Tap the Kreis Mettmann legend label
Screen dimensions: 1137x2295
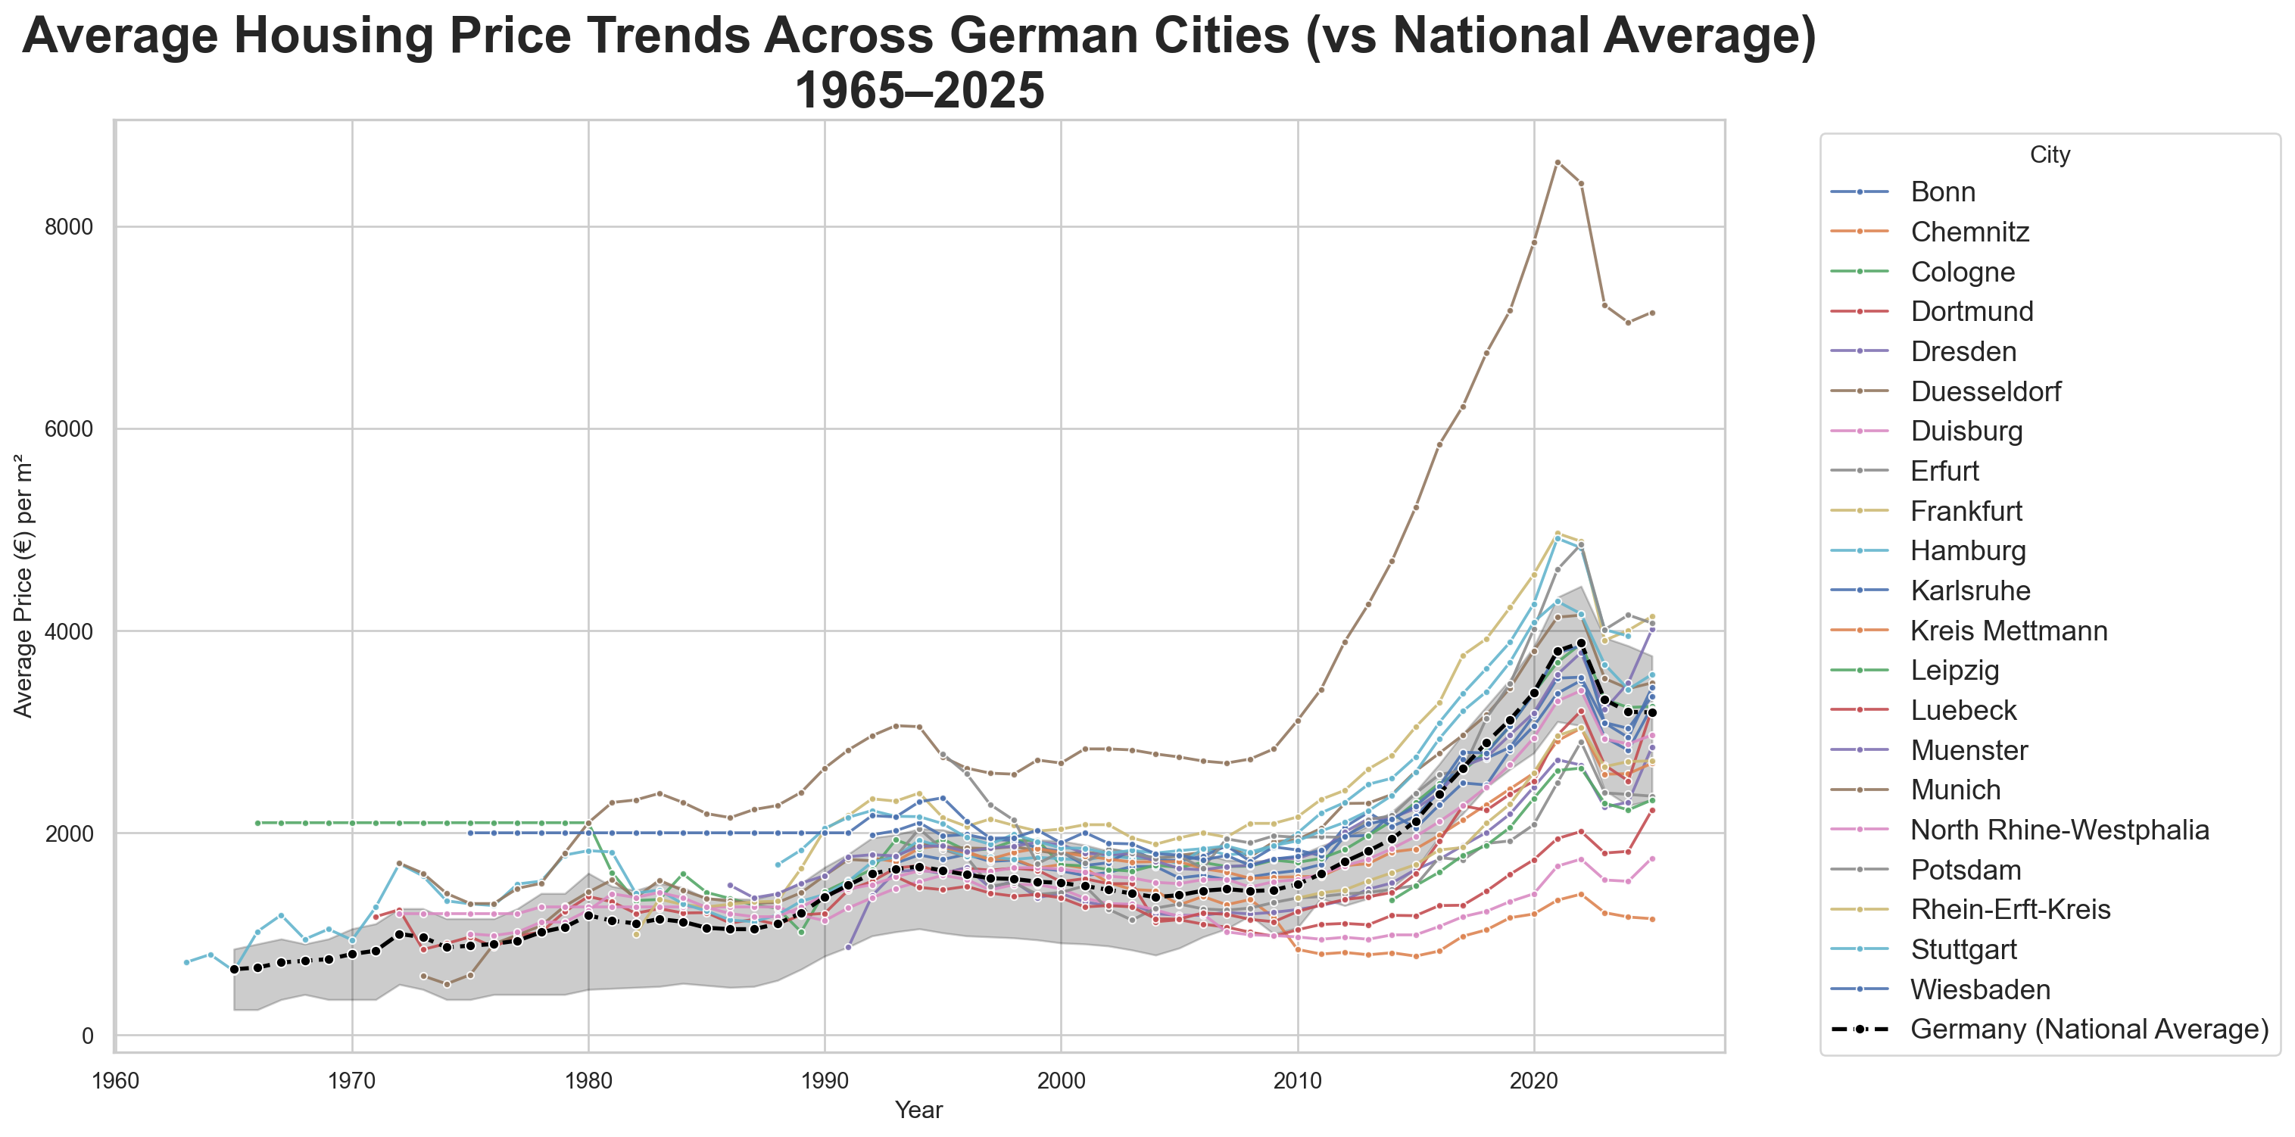click(2009, 631)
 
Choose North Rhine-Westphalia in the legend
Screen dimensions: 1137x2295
click(2060, 830)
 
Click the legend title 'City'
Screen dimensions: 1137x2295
click(2049, 155)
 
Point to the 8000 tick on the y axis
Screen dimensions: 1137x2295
click(69, 227)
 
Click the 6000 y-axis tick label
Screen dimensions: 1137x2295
click(69, 429)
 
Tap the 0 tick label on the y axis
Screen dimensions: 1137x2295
click(87, 1036)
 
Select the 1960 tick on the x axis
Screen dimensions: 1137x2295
click(116, 1081)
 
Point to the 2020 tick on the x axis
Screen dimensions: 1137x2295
click(1534, 1081)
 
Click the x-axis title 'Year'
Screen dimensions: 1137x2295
click(918, 1111)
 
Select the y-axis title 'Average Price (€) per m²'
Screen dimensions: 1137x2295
click(23, 586)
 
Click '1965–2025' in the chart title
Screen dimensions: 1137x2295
click(918, 91)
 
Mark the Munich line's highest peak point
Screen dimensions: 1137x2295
click(1558, 162)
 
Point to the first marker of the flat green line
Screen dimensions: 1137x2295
click(257, 823)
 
